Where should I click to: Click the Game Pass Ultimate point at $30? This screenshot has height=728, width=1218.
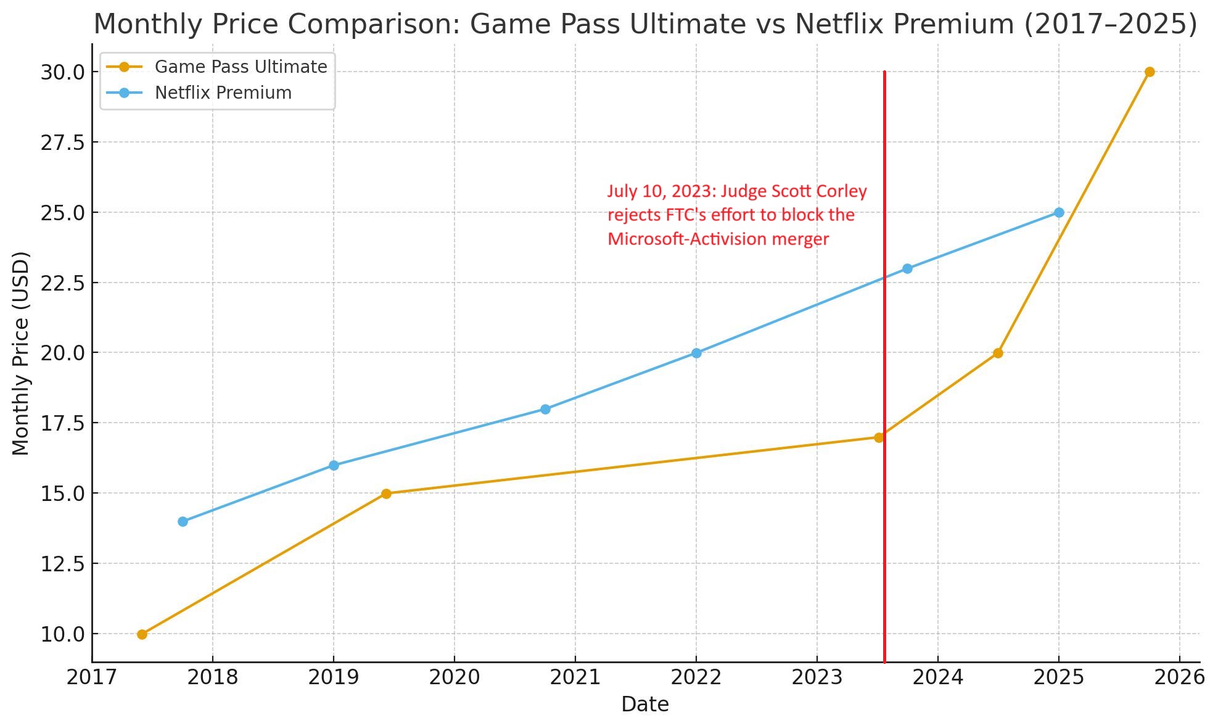[1150, 72]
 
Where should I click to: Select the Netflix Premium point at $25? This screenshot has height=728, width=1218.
[1059, 213]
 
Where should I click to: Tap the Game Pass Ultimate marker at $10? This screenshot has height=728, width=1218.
[142, 634]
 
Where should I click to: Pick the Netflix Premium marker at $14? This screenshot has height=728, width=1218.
[183, 522]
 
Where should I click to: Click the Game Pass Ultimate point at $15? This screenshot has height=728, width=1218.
[386, 494]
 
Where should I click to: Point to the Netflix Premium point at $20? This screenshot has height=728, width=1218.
[696, 354]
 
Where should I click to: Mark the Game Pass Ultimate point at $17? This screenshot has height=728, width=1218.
[879, 437]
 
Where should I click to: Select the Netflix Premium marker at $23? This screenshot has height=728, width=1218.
[907, 269]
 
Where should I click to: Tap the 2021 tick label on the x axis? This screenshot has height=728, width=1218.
[575, 678]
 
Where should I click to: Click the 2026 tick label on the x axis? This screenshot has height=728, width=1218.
[1179, 678]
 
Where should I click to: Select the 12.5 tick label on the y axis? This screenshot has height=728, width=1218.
[62, 564]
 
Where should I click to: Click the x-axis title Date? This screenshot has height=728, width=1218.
[644, 705]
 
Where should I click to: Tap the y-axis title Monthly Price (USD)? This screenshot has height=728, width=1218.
[21, 353]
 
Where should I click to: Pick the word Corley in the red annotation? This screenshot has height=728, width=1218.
[841, 192]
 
